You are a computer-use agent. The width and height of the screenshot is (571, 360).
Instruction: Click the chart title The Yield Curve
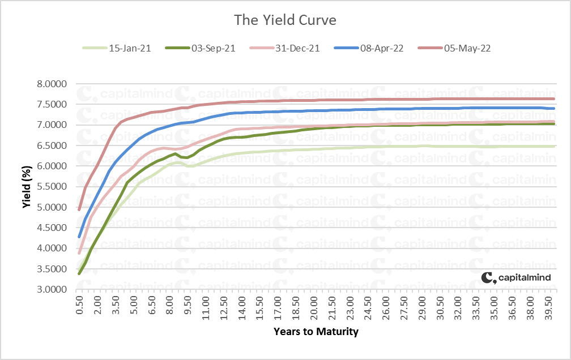[285, 20]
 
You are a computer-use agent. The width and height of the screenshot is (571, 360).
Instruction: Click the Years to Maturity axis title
[316, 332]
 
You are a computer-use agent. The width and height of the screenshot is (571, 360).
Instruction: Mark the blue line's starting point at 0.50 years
[80, 237]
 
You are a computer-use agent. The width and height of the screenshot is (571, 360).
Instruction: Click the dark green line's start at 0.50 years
[80, 273]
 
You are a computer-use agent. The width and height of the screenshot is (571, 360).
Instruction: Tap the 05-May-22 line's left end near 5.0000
[80, 209]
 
